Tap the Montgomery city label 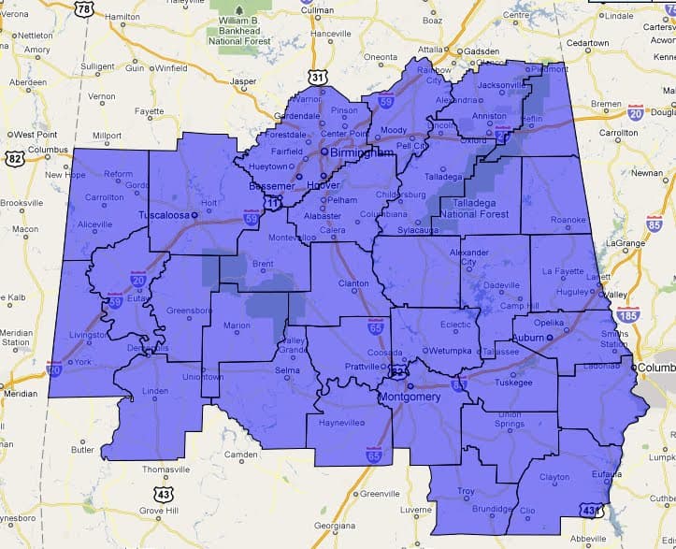[x=409, y=397]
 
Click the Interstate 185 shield [x=629, y=313]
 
